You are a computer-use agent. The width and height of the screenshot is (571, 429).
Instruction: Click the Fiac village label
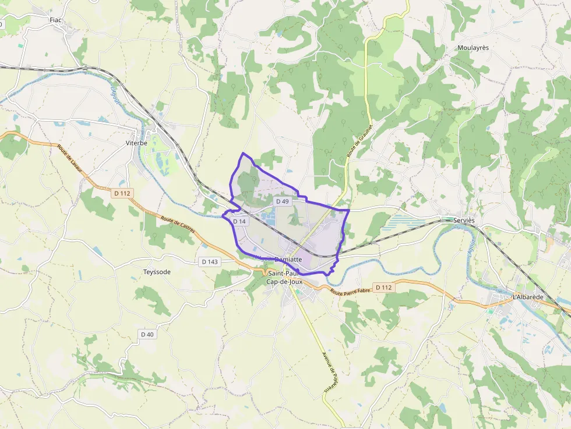click(x=56, y=20)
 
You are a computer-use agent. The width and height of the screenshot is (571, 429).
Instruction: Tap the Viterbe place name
click(x=136, y=143)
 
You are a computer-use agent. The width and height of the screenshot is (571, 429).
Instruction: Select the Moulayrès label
click(x=473, y=48)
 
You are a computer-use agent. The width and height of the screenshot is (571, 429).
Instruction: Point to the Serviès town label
click(x=464, y=221)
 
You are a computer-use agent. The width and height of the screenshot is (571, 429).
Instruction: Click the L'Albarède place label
click(x=528, y=297)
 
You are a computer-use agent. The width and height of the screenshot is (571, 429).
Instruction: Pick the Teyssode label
click(x=157, y=272)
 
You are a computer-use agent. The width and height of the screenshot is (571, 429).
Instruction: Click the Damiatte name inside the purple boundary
click(x=287, y=259)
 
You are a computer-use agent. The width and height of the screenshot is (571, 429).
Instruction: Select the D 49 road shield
click(x=283, y=201)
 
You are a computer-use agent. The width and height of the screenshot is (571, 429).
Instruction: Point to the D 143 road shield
click(x=209, y=262)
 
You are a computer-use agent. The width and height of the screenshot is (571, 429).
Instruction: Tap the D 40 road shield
click(x=147, y=334)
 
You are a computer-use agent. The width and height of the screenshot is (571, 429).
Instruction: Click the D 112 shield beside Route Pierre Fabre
click(x=383, y=287)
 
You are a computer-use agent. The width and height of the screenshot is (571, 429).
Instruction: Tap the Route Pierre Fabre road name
click(x=350, y=291)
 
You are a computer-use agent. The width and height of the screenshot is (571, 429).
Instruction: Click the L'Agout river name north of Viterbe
click(x=115, y=95)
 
